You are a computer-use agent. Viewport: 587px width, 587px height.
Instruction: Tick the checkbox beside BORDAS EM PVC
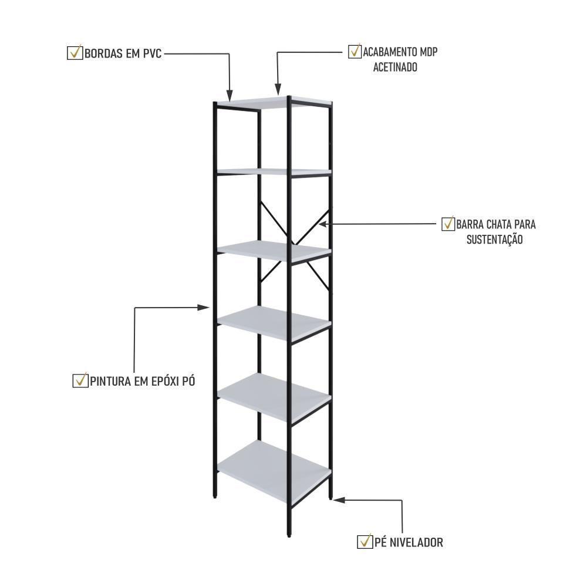[75, 53]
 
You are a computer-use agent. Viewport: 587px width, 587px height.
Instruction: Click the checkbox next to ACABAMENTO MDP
[355, 52]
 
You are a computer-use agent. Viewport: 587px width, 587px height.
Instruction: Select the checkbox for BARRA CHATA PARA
[448, 224]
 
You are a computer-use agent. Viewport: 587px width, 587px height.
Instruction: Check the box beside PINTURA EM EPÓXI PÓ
[80, 380]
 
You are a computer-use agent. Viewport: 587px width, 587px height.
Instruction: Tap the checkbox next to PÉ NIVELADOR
[365, 541]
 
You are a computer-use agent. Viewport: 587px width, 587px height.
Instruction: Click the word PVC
[150, 53]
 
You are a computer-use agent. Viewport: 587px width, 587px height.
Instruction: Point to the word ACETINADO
[395, 68]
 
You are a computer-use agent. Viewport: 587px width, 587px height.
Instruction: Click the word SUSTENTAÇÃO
[494, 239]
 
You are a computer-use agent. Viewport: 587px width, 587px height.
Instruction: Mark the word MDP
[427, 52]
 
